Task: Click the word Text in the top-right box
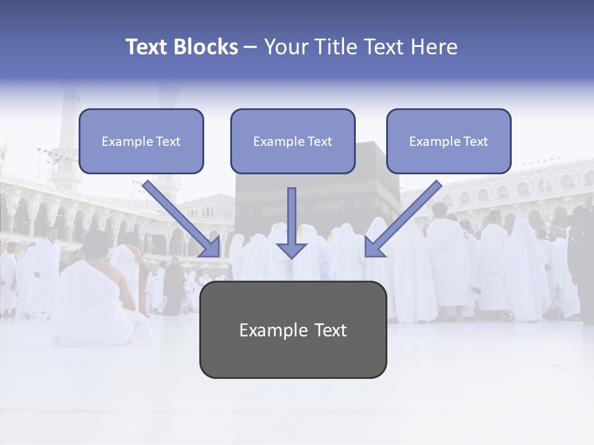click(475, 142)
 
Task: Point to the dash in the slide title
click(251, 48)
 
